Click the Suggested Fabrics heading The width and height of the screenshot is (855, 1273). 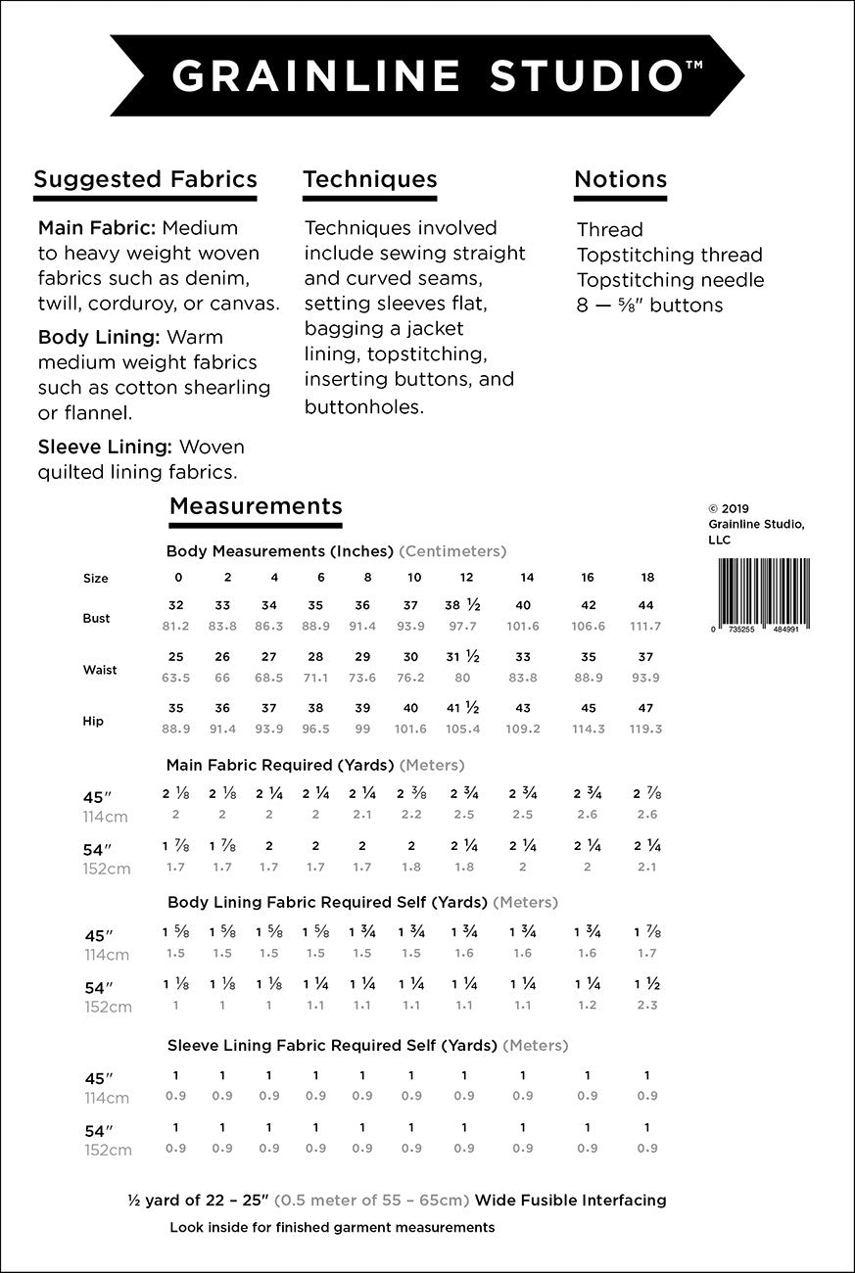tap(145, 179)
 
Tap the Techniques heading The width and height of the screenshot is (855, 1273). tap(370, 179)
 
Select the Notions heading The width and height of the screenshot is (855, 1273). tap(620, 179)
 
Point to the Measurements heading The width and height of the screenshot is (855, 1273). tap(256, 505)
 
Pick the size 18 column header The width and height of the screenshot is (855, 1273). tap(647, 578)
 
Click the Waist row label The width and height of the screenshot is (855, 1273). tap(100, 670)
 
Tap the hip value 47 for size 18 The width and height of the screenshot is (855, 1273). tap(646, 708)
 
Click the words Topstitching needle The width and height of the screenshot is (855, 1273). tap(670, 280)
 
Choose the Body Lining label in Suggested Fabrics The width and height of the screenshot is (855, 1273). tap(99, 337)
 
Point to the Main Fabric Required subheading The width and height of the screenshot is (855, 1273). tap(315, 765)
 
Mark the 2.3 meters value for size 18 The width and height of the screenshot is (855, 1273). tap(646, 1005)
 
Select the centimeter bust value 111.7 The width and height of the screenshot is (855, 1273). tap(646, 626)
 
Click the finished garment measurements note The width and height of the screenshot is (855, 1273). tap(332, 1227)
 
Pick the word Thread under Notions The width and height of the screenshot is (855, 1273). tap(609, 230)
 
